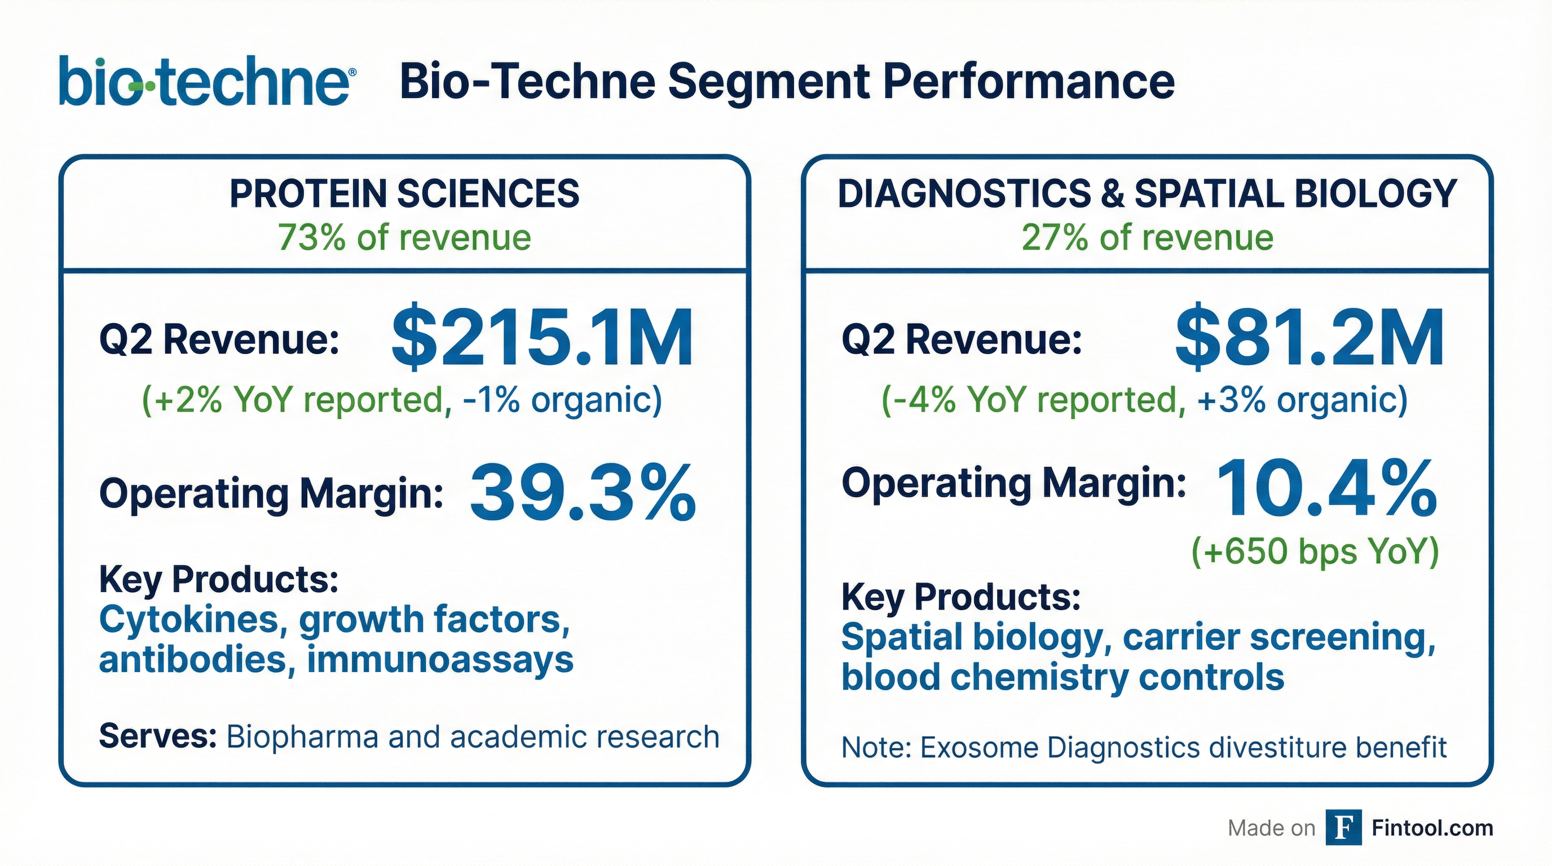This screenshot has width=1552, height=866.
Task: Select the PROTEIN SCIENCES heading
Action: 404,194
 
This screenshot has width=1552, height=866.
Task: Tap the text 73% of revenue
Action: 404,237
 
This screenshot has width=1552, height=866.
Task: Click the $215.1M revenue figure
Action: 542,338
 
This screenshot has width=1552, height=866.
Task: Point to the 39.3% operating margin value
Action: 582,493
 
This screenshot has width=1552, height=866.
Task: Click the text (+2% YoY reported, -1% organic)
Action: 402,399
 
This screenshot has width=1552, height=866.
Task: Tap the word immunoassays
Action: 440,660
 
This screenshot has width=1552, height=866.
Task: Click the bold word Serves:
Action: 158,736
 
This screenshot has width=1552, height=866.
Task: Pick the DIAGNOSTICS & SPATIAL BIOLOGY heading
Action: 1147,194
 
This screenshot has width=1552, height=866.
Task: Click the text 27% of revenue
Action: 1147,237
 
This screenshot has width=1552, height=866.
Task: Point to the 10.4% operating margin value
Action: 1325,489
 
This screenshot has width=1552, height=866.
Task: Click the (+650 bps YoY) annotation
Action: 1315,551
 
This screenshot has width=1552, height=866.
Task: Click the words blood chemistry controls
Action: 1062,677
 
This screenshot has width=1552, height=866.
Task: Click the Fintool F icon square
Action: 1343,828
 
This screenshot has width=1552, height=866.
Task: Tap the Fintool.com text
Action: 1432,828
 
